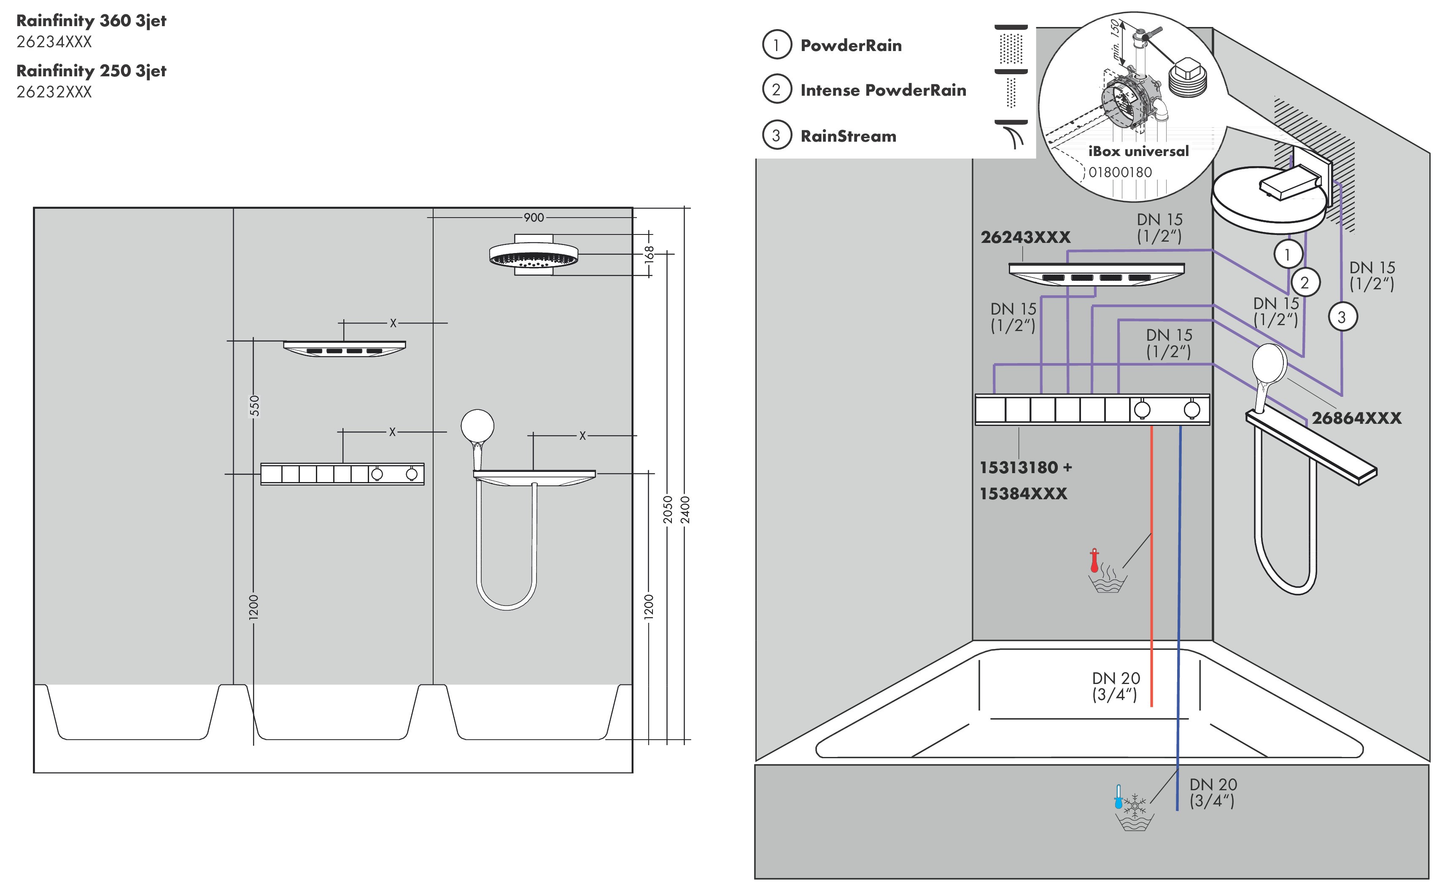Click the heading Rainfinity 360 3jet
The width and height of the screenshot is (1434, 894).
coord(91,21)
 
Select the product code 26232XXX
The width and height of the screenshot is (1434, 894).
coord(54,92)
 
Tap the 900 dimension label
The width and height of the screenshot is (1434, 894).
coord(534,218)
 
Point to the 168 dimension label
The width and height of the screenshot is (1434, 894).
coord(649,254)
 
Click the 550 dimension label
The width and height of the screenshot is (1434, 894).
coord(254,406)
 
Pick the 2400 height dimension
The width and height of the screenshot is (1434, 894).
coord(685,510)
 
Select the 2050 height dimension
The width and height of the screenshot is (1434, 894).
coord(668,510)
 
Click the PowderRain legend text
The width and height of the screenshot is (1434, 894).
coord(851,46)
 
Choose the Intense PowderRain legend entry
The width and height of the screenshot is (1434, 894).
coord(883,91)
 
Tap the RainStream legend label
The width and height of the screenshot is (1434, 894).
coord(848,137)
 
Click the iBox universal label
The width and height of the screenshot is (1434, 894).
coord(1138,151)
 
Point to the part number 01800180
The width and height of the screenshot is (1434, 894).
coord(1120,172)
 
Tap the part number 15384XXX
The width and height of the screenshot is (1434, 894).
coord(1024,494)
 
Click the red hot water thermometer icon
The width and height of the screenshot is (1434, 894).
coord(1094,560)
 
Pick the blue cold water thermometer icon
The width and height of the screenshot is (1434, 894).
coord(1118,797)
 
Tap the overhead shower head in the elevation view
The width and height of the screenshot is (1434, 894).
coord(534,256)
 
